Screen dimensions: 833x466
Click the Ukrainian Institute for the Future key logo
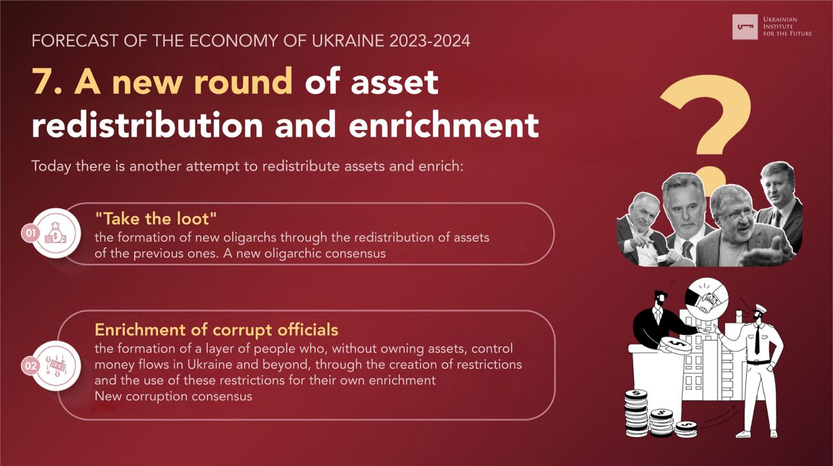[x=745, y=27]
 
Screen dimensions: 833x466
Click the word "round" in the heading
[x=243, y=81]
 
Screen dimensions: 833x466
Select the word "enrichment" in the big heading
[x=444, y=124]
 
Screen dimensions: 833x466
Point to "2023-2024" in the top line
[x=430, y=41]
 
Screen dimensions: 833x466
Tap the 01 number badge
[x=31, y=233]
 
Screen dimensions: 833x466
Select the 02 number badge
[x=31, y=366]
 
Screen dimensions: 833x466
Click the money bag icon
[x=56, y=233]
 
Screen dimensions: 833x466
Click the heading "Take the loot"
[x=156, y=219]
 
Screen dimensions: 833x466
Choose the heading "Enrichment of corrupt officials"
[x=217, y=330]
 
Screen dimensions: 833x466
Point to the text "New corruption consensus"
[x=173, y=396]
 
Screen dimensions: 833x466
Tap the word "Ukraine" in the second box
[x=210, y=364]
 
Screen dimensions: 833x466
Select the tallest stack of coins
[x=636, y=413]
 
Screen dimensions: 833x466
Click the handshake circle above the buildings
[x=706, y=299]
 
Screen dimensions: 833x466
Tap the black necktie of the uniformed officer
[x=757, y=340]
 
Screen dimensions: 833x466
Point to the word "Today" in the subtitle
[x=51, y=166]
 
